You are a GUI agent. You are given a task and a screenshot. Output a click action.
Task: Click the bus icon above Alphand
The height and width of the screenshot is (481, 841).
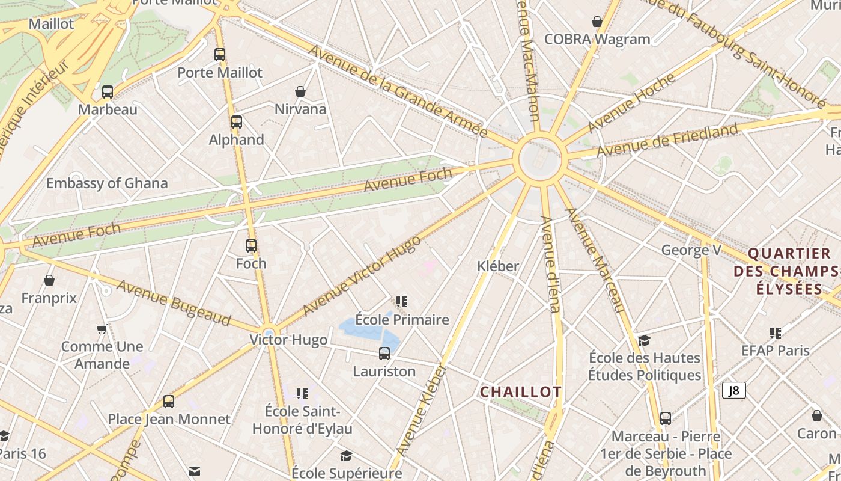click(237, 122)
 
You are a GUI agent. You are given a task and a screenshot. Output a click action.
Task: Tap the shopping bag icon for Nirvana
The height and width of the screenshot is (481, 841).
click(300, 91)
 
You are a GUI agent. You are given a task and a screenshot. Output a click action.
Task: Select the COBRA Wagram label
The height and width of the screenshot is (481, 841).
click(597, 39)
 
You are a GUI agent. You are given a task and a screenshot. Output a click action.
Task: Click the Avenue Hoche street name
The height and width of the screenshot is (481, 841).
click(631, 103)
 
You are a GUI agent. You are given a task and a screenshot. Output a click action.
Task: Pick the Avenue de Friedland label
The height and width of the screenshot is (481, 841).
click(667, 140)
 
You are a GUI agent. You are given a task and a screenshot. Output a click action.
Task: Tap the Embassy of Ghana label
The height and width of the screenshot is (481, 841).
click(107, 183)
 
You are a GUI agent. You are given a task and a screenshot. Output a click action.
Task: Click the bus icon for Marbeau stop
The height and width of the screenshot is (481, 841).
click(108, 92)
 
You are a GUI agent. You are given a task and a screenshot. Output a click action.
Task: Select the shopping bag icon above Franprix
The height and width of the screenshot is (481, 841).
click(49, 280)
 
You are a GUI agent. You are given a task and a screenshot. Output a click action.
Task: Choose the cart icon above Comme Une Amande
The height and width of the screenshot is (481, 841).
click(102, 329)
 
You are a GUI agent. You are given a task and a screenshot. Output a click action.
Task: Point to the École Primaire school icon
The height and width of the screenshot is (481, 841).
click(402, 301)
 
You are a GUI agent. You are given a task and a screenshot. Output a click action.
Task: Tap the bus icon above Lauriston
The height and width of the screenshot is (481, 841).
click(384, 354)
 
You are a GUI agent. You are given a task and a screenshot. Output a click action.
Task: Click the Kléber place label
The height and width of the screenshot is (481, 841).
click(498, 266)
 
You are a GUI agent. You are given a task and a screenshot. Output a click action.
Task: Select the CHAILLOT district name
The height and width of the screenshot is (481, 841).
click(521, 392)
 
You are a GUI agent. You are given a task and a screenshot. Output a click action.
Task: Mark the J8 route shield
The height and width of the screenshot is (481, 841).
click(733, 390)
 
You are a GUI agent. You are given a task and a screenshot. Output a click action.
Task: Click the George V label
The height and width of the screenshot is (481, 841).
click(691, 250)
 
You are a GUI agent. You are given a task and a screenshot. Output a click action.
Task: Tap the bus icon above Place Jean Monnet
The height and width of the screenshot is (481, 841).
click(169, 402)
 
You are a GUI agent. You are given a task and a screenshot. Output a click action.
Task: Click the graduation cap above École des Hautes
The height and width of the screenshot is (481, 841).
click(644, 340)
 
